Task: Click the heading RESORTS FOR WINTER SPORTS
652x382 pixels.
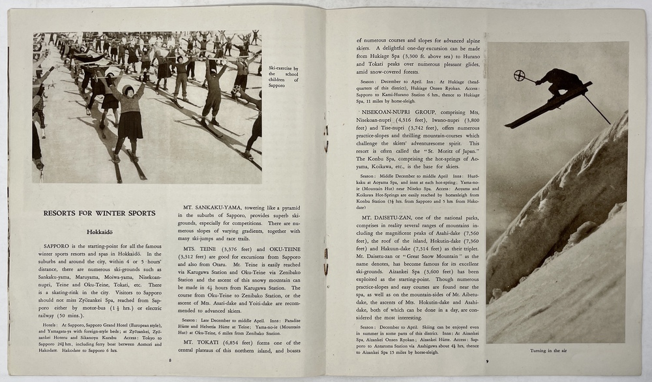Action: pos(99,213)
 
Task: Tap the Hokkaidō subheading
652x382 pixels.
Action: pos(99,231)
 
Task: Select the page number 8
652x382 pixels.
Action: pos(170,359)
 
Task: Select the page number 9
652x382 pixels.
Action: pos(486,361)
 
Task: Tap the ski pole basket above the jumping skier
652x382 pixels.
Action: pos(520,75)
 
